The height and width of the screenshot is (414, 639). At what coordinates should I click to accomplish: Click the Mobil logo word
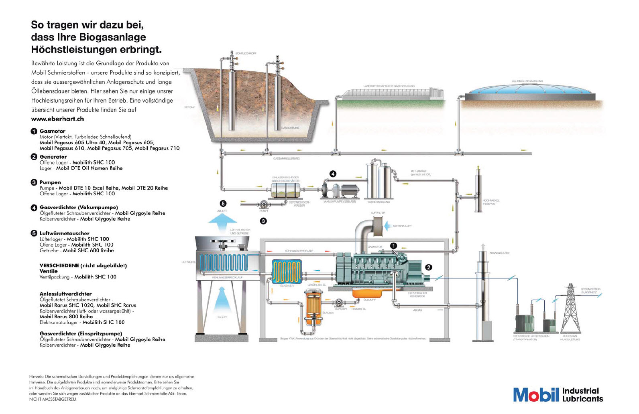536,394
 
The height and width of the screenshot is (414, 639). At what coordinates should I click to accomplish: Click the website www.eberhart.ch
57,119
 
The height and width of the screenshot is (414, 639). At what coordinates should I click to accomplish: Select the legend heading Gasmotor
52,131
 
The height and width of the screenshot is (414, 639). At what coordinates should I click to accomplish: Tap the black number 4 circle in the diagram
333,174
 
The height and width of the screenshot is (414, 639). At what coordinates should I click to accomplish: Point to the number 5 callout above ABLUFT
223,204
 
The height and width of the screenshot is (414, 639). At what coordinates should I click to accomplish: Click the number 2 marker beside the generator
429,267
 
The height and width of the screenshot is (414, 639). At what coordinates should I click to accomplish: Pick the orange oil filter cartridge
313,309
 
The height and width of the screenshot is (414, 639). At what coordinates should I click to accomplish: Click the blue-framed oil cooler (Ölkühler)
287,271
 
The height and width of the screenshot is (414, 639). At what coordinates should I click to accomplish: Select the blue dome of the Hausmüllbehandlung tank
527,91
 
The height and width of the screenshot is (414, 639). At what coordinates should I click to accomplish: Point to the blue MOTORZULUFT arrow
388,226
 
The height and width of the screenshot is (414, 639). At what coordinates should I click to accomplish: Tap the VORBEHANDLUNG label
379,202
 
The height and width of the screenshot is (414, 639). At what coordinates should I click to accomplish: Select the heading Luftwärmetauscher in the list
64,233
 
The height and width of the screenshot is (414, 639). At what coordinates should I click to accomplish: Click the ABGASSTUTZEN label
499,253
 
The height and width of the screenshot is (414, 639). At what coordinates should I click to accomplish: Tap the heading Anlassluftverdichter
65,294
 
